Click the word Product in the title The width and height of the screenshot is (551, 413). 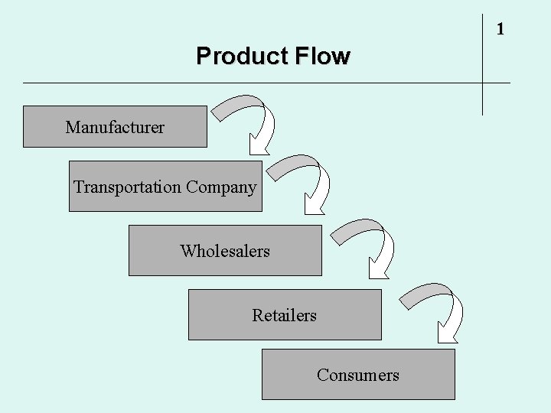pos(233,57)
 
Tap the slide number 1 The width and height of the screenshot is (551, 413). pos(500,30)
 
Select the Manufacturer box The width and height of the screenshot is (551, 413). pos(115,126)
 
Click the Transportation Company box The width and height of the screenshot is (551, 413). pos(165,186)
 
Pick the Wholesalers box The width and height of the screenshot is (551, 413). pos(225,250)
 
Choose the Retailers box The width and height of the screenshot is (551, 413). pos(285,314)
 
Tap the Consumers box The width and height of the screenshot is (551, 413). pos(358,374)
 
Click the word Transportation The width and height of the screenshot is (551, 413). pos(127,187)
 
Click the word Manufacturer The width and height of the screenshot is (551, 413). pos(115,127)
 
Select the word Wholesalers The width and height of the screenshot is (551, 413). pos(225,251)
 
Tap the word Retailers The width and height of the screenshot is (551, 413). pos(285,315)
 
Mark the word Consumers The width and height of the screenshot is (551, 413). pos(358,375)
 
